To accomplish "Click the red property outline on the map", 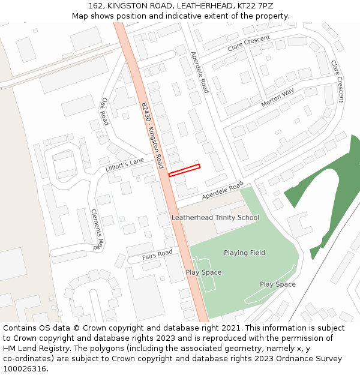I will click(184, 170).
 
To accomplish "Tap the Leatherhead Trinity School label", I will click(215, 217).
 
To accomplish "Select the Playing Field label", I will click(244, 253).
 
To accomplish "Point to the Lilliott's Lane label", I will click(125, 165).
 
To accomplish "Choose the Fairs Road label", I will click(157, 255).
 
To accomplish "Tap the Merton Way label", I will click(278, 97).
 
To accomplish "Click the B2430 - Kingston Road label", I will click(152, 135).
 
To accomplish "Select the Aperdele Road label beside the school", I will click(223, 190).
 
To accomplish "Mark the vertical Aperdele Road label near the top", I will click(199, 72).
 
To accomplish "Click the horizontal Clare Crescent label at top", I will click(248, 43).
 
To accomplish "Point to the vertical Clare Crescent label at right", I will click(337, 80).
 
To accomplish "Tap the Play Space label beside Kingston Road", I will click(203, 272).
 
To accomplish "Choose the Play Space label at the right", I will click(277, 284).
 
